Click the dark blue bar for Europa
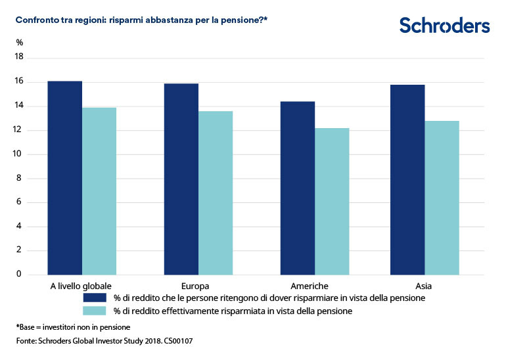(181, 179)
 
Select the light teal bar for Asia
(442, 197)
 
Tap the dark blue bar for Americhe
(298, 188)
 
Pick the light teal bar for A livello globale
(99, 191)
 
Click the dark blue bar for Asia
(407, 179)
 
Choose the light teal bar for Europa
(216, 192)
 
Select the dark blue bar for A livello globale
(65, 177)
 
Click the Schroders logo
(444, 26)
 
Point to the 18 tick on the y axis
(19, 57)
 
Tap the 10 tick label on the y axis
(19, 154)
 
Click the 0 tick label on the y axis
(19, 274)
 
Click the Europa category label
(195, 286)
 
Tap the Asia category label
(424, 286)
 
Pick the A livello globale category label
(81, 286)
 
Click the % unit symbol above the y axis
(19, 43)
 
